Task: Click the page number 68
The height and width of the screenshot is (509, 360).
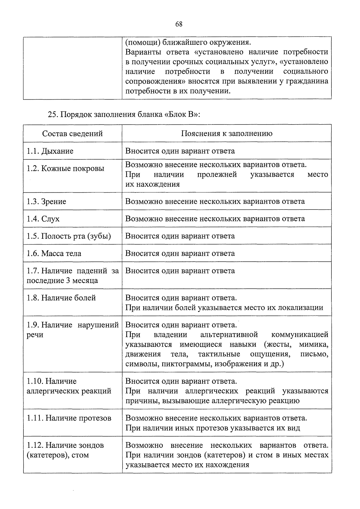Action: tap(179, 24)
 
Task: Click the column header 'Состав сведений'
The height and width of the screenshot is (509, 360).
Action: tap(72, 134)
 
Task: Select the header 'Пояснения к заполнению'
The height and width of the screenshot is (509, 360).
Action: tap(226, 134)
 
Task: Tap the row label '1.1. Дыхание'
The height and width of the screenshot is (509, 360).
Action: tap(50, 151)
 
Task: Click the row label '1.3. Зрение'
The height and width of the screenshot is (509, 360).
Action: tap(46, 202)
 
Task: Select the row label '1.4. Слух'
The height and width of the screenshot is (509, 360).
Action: tap(43, 219)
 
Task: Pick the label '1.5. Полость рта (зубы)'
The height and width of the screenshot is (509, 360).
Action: tap(69, 236)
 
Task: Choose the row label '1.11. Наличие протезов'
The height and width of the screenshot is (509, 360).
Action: tap(69, 418)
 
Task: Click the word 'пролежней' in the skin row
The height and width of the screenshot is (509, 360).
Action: tap(217, 175)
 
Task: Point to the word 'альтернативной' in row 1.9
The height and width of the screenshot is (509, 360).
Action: tap(229, 335)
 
